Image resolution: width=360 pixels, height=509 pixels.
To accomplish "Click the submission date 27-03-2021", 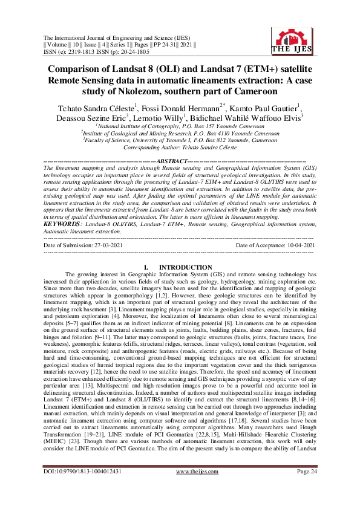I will [110, 228].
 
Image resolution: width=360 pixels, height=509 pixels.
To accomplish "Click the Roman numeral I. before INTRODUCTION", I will [145, 267].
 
